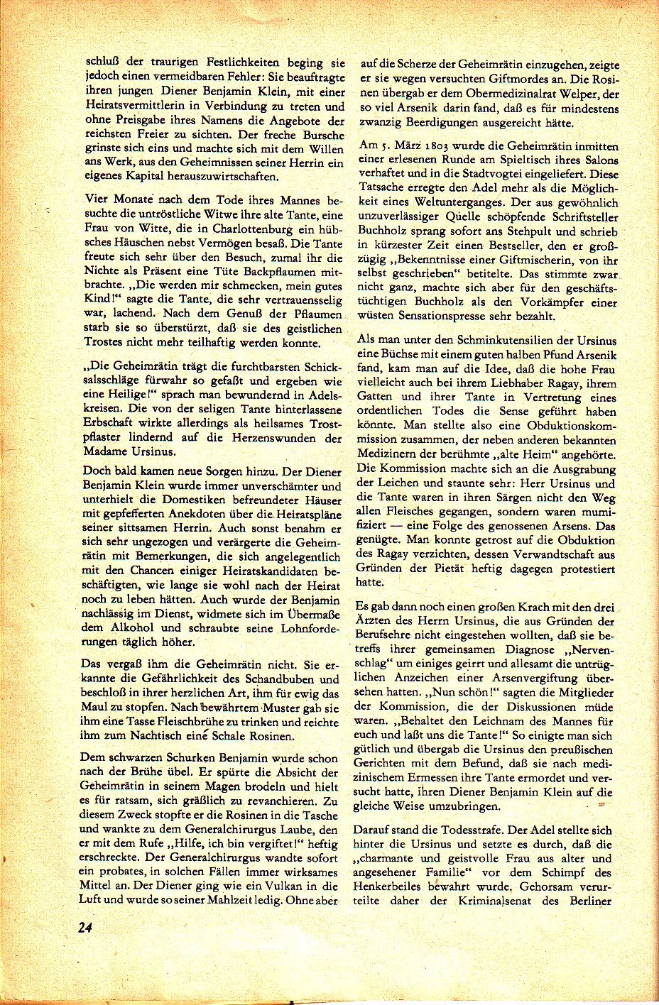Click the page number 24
89,928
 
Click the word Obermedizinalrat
506,94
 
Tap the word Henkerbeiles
403,886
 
